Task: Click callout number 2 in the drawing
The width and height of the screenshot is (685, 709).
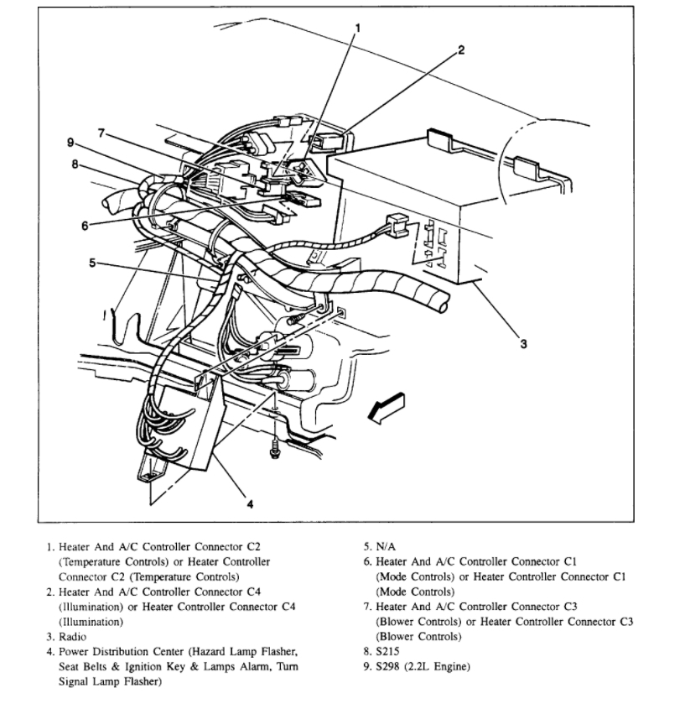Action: pos(459,49)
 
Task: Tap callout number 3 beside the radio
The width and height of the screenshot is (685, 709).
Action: pos(524,344)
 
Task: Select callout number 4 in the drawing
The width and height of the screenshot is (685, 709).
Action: pos(249,503)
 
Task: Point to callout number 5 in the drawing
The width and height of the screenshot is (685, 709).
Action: pos(92,263)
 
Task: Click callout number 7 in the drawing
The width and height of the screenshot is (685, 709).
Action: pos(101,133)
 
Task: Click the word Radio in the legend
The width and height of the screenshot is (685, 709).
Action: pos(72,637)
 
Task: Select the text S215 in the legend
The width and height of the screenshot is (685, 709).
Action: pos(387,652)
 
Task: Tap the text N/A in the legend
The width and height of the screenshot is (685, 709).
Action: pos(385,545)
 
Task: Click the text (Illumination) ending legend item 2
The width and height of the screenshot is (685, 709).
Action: pos(91,622)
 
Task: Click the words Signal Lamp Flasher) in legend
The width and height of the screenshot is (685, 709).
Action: pos(110,682)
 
